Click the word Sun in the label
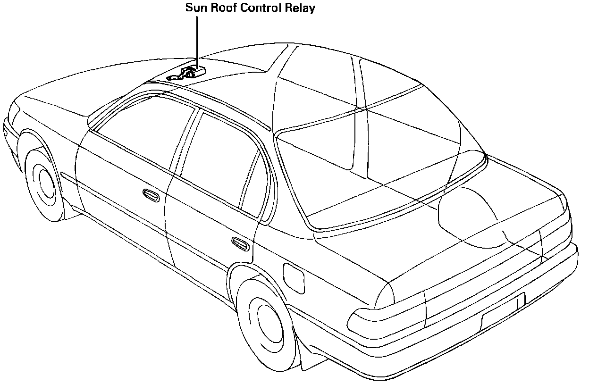point(196,8)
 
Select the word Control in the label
point(261,8)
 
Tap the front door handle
point(150,194)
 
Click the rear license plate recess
point(503,313)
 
